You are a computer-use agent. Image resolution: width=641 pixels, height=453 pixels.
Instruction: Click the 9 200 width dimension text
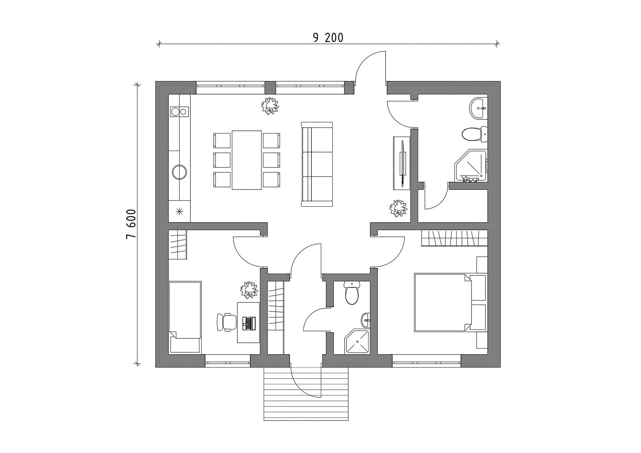328,37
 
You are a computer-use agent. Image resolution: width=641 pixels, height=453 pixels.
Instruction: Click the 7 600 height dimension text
131,224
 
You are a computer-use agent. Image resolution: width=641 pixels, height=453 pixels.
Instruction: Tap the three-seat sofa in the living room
317,164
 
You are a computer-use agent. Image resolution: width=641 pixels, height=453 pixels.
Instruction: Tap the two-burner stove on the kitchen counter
179,111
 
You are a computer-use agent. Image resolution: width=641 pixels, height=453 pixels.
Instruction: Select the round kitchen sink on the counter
179,172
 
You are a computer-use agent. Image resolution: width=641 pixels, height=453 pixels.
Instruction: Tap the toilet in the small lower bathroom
351,293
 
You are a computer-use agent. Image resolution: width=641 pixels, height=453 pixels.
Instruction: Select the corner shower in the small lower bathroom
358,342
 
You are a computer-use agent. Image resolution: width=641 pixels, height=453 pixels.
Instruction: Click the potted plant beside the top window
270,106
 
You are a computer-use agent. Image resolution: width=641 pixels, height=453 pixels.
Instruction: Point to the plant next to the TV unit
398,208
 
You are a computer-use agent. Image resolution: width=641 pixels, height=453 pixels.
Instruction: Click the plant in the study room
249,289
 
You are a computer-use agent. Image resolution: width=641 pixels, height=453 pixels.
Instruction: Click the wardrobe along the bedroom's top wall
454,239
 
